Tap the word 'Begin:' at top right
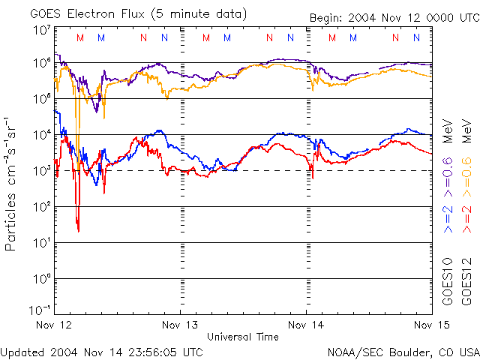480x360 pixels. pos(327,18)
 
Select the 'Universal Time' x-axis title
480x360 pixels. pos(242,336)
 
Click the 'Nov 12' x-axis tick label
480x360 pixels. pos(54,325)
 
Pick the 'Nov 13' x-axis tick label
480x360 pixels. pos(180,325)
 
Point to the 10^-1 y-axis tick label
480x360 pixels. pos(40,310)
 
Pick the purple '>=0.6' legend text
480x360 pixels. pos(447,172)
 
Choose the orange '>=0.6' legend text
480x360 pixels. pos(466,172)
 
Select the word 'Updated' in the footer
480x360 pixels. pos(25,351)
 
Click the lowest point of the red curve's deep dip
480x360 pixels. pos(78,230)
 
